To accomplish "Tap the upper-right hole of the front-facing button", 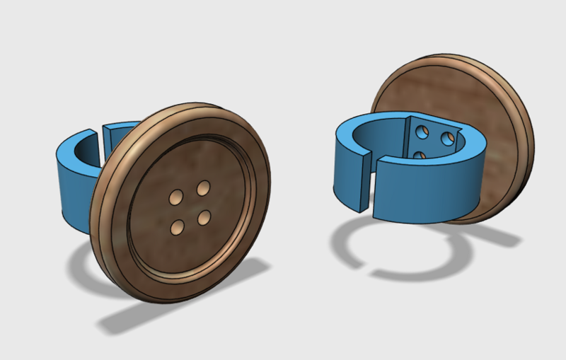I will point(203,187).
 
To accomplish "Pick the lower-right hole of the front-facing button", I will point(205,217).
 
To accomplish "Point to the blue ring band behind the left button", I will point(71,191).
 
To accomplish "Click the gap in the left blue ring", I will point(98,134).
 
